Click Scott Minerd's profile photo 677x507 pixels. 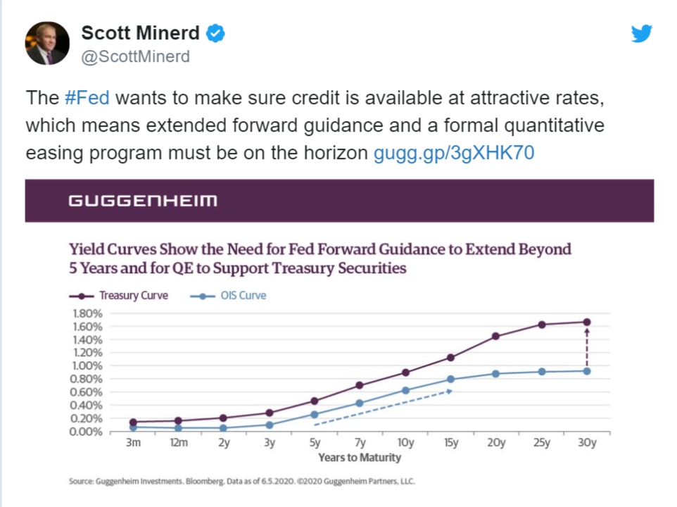click(48, 43)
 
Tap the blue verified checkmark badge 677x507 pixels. click(215, 33)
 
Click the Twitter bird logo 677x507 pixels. click(642, 34)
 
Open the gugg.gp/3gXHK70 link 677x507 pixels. click(454, 153)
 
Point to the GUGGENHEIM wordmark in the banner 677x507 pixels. click(143, 201)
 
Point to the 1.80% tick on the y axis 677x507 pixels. click(87, 313)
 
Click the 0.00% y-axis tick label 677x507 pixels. click(87, 431)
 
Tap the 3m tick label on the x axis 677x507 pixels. click(133, 443)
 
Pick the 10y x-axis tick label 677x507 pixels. click(405, 443)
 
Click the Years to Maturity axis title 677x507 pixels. click(359, 458)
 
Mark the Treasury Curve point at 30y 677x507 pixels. click(587, 323)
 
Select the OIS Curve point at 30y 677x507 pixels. click(587, 371)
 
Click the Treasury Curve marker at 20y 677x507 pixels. click(496, 336)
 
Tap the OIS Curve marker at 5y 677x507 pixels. click(315, 414)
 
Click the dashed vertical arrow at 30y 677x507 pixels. click(587, 346)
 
